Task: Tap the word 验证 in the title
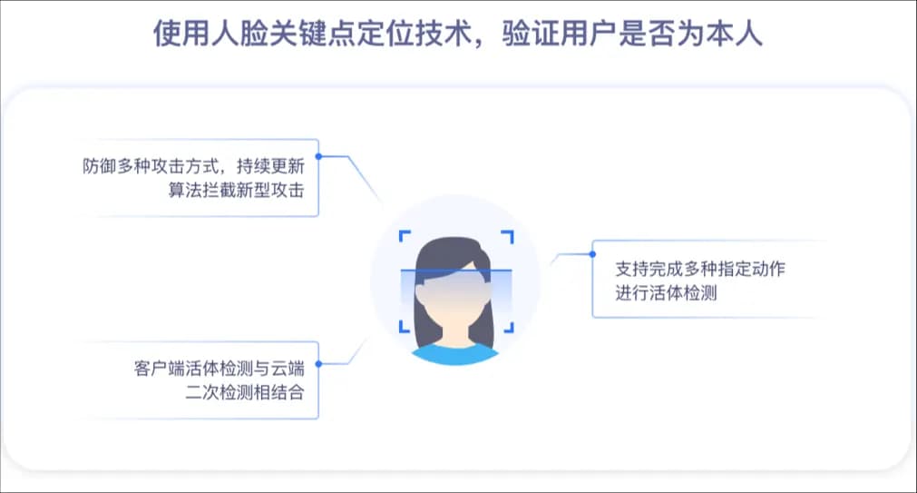(531, 33)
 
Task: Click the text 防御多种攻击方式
(151, 166)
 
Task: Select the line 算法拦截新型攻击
(236, 191)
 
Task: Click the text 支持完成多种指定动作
(700, 269)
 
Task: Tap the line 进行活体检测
(666, 292)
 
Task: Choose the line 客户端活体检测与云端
(219, 369)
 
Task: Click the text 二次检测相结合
(245, 392)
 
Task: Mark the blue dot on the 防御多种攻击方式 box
(318, 156)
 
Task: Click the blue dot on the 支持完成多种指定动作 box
(592, 254)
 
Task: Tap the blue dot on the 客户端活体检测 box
(318, 363)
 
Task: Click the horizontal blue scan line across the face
(456, 270)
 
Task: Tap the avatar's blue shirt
(455, 355)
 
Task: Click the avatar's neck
(455, 334)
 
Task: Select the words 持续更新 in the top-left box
(270, 166)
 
